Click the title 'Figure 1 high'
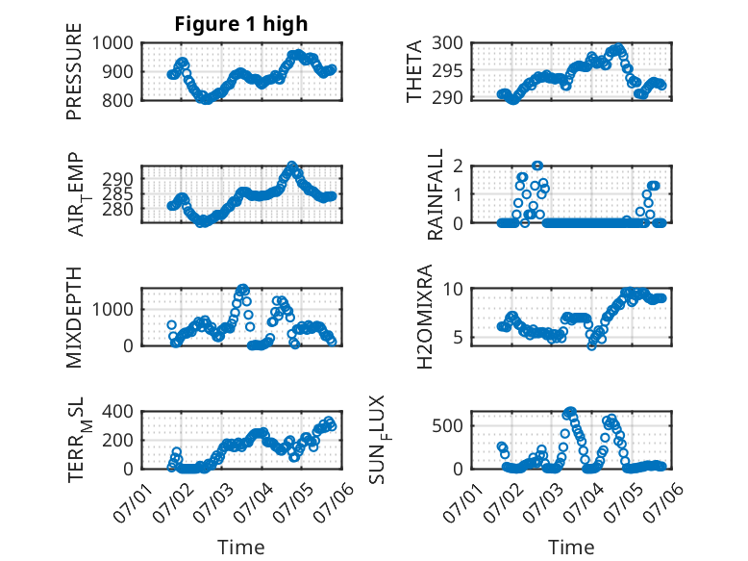click(240, 24)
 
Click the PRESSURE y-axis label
click(74, 79)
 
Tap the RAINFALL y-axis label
click(436, 195)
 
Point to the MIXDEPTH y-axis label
click(74, 318)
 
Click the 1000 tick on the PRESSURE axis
click(116, 42)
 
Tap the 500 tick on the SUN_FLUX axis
click(448, 425)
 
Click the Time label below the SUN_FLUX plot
click(571, 547)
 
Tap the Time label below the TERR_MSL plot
click(240, 547)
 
